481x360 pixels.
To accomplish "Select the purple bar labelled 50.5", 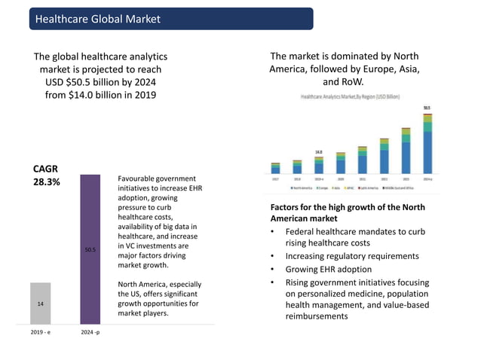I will (90, 249).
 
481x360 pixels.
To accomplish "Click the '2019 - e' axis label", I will (41, 332).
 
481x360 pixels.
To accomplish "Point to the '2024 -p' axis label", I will (90, 332).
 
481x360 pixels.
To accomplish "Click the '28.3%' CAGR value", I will (47, 182).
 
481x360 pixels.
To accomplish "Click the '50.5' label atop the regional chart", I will (427, 108).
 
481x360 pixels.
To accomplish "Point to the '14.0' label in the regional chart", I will (319, 151).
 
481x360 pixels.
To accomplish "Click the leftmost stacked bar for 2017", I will (275, 167).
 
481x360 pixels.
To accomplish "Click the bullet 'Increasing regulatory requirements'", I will (349, 256).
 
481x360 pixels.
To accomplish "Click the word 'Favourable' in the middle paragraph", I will (140, 178).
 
